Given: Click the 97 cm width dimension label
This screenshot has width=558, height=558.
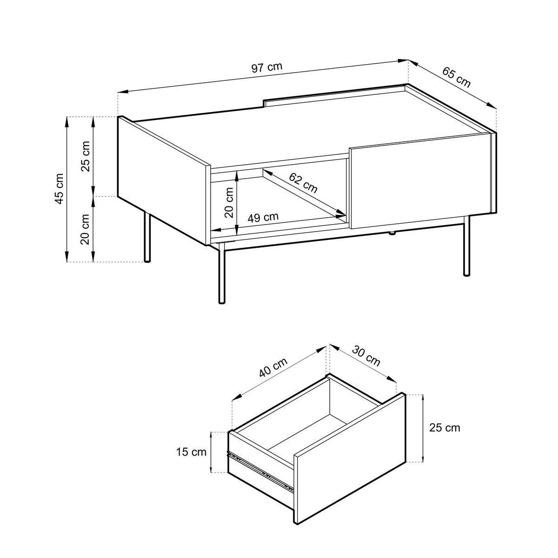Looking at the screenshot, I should click(x=267, y=67).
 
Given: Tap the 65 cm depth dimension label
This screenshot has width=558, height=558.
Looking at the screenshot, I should click(x=456, y=78).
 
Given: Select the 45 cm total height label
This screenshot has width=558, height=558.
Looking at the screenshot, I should click(x=59, y=189).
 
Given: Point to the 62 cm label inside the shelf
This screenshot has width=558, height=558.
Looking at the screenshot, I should click(x=303, y=183).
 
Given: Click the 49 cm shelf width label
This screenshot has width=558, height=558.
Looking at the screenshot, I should click(x=263, y=217).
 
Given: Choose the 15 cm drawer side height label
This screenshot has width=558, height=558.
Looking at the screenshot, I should click(x=191, y=452).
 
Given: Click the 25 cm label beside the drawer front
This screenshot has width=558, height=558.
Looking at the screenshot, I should click(x=445, y=428).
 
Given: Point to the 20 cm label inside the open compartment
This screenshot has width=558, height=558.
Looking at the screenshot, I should click(x=229, y=202).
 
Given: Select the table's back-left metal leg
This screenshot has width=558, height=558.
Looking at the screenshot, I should click(x=147, y=237).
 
